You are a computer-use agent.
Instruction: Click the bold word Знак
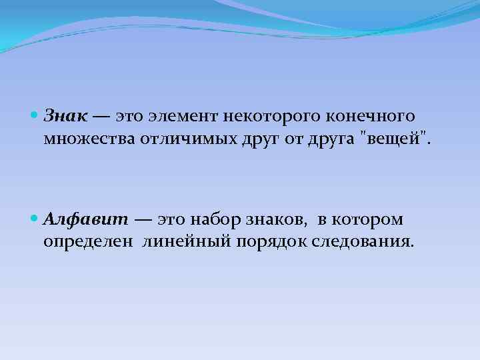click(x=65, y=117)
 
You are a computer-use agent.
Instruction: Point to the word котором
click(x=370, y=219)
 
